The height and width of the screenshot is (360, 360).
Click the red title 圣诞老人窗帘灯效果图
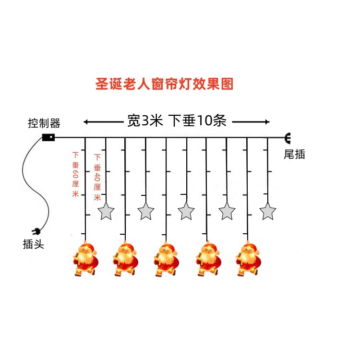coord(164,84)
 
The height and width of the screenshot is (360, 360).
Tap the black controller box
coord(48,137)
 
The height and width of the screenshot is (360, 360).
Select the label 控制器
coord(44,123)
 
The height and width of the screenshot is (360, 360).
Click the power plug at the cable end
coord(36,232)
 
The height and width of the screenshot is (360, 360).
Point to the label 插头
coord(34,244)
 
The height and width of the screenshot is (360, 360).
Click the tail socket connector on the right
coord(288,138)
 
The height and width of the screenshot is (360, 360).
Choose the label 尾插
coord(294,154)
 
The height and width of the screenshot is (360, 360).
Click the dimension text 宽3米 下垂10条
coord(177,120)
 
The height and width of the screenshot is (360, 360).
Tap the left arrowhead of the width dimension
coord(85,122)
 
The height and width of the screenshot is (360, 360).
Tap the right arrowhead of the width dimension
coord(267,122)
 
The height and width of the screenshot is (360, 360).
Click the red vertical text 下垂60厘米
coord(75,174)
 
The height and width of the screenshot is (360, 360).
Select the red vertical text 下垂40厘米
coord(97,178)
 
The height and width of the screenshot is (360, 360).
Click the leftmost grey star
coord(106,212)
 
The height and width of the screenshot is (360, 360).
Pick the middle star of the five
coord(186,211)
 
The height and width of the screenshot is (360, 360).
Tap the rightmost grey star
coord(268,212)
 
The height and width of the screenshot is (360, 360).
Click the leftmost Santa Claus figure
coord(85,259)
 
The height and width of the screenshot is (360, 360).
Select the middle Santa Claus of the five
coord(166,259)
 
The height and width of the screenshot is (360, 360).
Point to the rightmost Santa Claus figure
coord(249,259)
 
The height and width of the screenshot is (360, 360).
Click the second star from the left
coord(146,211)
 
